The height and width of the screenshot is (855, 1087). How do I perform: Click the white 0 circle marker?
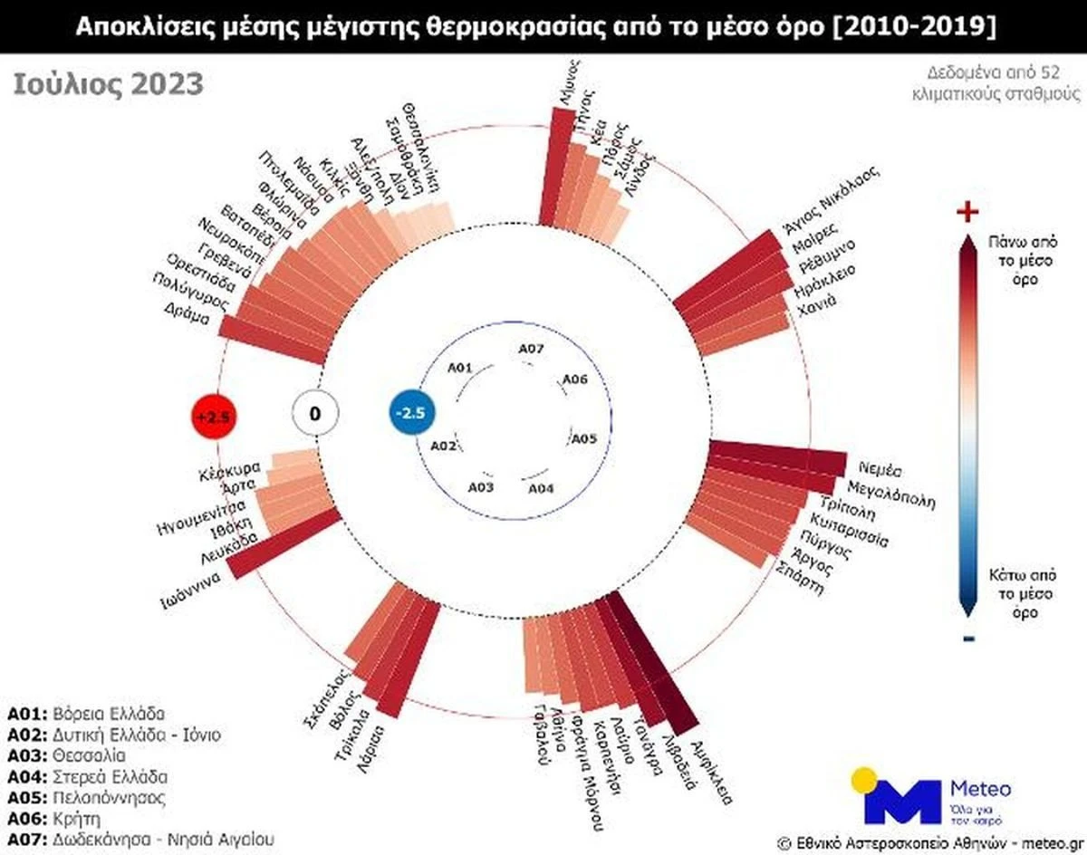[x=314, y=415]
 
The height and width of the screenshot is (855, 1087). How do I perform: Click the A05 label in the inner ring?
[x=582, y=438]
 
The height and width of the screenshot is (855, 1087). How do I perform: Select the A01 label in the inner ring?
[x=460, y=368]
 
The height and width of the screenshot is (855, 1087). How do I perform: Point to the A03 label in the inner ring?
[x=481, y=487]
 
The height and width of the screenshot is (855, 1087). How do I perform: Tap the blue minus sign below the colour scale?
[x=968, y=639]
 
